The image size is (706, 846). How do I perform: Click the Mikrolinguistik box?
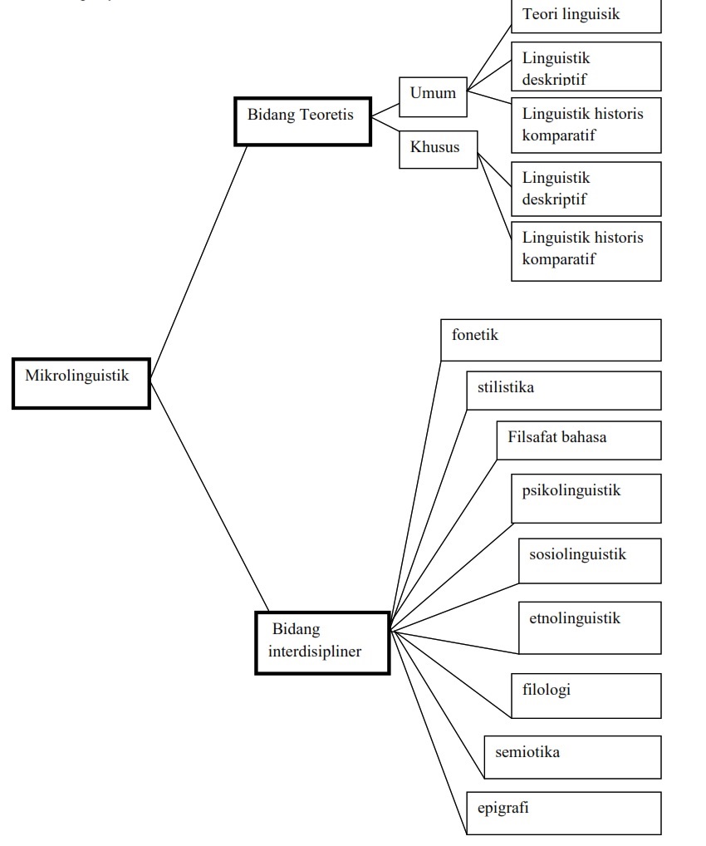[81, 383]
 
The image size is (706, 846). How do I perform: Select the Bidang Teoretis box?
[302, 121]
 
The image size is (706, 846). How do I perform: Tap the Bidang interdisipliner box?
[322, 642]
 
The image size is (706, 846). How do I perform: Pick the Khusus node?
[438, 149]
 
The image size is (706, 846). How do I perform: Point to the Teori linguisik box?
[586, 15]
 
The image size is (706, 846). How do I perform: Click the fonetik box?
[550, 339]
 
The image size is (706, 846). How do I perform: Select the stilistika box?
[563, 390]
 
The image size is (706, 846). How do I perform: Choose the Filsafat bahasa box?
[578, 440]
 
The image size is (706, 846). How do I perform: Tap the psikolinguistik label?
[571, 490]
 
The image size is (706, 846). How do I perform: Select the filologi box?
[586, 695]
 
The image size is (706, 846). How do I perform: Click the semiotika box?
[571, 756]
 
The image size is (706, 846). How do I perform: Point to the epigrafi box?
[563, 812]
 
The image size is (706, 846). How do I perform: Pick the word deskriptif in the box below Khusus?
[554, 199]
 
